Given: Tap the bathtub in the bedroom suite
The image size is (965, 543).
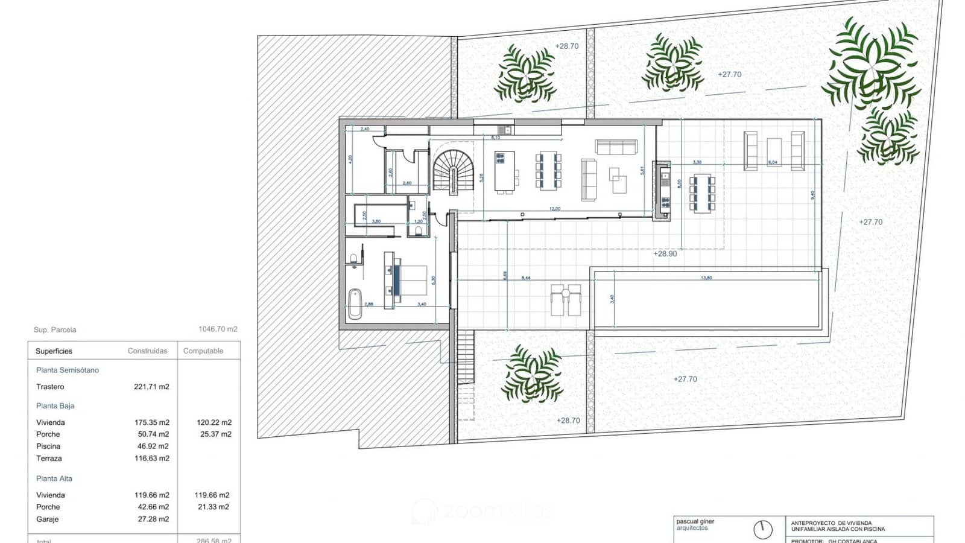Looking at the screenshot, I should coord(355,303).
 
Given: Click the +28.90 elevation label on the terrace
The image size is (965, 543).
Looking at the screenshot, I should coord(665,254).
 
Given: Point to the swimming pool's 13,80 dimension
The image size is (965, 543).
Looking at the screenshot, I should coord(706,278).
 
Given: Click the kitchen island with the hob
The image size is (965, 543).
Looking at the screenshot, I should coord(504,172).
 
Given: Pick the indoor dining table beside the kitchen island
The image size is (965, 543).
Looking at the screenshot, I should coord(548,171).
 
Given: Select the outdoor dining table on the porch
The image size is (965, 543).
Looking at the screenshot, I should coord(702,193).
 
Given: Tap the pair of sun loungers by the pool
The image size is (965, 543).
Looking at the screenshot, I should coord(566,300).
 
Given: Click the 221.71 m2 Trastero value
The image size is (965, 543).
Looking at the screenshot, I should coord(151,387).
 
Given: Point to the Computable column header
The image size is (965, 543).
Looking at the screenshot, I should coord(203,351).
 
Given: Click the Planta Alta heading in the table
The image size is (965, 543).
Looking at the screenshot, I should coord(54,478).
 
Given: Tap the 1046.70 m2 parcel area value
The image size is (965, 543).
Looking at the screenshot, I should coord(218,329).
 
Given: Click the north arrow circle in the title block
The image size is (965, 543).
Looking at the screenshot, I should coord(763,530).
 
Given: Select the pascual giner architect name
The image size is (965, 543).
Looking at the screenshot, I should coord(695,521).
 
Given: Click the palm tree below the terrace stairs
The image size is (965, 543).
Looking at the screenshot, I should coord(532,375).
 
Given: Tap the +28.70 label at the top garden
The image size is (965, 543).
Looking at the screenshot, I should coord(566,46).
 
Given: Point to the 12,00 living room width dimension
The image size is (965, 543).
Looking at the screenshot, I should coord(554,209).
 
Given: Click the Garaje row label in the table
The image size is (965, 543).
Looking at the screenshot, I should coord(48,519).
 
